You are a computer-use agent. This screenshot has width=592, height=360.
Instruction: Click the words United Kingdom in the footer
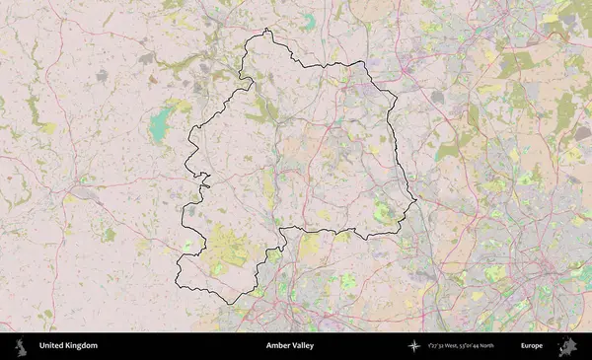click(68, 346)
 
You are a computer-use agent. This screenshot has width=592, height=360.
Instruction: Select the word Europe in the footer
click(532, 346)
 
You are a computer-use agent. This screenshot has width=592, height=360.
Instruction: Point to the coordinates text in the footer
click(462, 346)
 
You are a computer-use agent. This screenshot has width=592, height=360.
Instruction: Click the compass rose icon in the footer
click(415, 346)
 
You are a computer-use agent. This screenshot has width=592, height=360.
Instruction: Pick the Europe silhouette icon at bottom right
click(567, 346)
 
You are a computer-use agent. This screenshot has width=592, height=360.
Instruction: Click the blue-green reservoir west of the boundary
click(158, 125)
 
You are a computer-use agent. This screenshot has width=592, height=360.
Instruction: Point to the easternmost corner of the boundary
click(416, 201)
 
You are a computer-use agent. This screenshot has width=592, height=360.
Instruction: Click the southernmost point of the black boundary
click(231, 303)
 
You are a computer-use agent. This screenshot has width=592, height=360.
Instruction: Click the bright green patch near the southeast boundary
click(383, 209)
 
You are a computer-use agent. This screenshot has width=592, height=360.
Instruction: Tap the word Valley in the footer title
click(305, 346)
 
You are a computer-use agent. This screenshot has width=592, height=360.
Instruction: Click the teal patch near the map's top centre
click(310, 21)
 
